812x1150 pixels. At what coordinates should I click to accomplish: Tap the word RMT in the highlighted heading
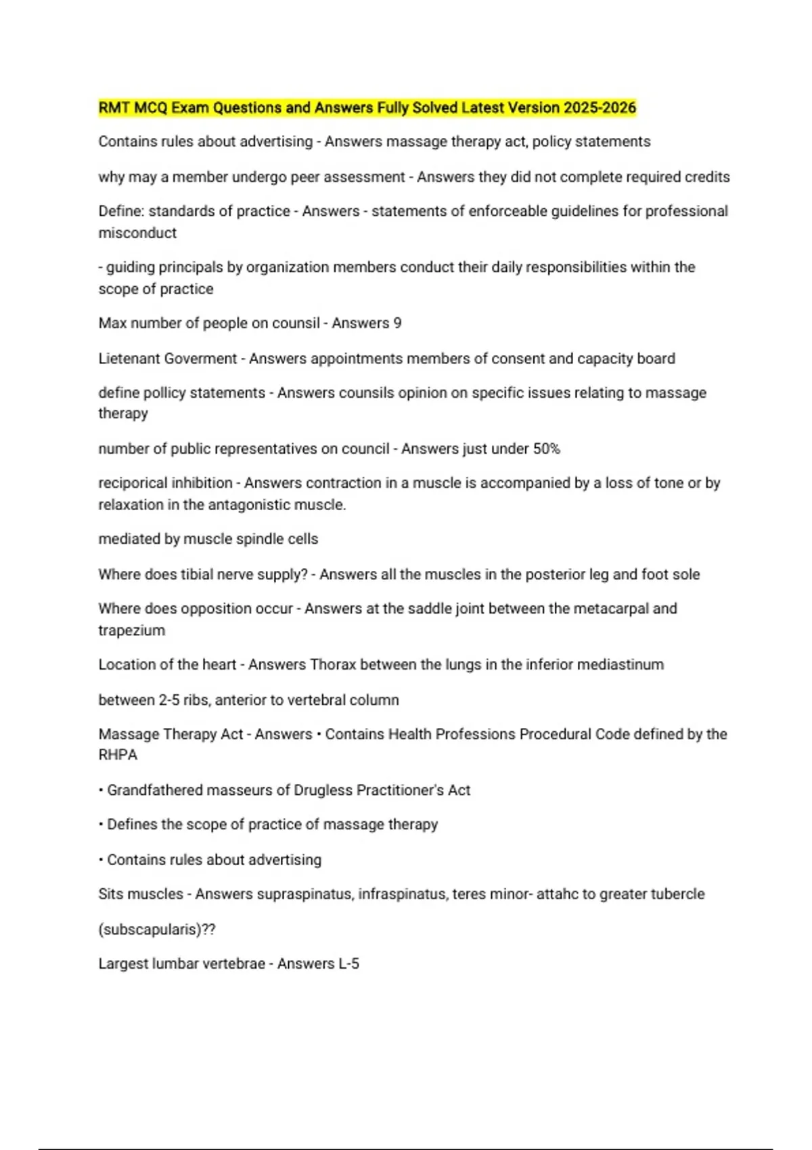point(114,108)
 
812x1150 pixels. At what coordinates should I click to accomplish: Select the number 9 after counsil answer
point(397,323)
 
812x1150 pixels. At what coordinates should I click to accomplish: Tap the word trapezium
point(132,630)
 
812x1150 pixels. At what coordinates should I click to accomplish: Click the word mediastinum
point(616,664)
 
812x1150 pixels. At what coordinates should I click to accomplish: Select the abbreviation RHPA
point(118,755)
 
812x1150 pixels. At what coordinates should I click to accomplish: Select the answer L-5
point(348,964)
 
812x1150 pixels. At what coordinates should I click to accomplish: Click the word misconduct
point(137,233)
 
